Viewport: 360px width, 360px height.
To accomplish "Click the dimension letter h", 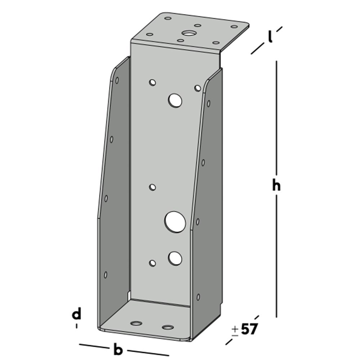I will click(276, 186).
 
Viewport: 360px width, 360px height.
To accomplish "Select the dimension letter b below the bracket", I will click(118, 349).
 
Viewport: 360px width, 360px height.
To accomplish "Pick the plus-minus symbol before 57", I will click(235, 330).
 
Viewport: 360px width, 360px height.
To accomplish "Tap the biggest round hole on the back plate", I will click(175, 221).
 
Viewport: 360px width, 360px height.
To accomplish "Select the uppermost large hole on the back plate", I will click(175, 100).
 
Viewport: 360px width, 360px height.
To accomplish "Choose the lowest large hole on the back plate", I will click(175, 258).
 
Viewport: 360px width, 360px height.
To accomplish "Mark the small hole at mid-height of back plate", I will click(153, 187).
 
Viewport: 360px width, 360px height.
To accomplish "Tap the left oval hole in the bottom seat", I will click(136, 323).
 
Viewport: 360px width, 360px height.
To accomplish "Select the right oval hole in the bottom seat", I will click(168, 327).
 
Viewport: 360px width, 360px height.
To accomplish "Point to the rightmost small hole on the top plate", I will click(234, 26).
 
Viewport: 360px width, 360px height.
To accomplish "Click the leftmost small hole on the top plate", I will click(150, 35).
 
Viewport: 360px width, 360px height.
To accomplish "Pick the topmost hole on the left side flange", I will click(117, 80).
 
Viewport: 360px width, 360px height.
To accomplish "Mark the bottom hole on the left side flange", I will click(105, 275).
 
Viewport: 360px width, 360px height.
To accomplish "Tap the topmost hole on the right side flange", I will click(208, 103).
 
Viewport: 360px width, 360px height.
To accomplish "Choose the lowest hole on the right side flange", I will click(198, 297).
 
